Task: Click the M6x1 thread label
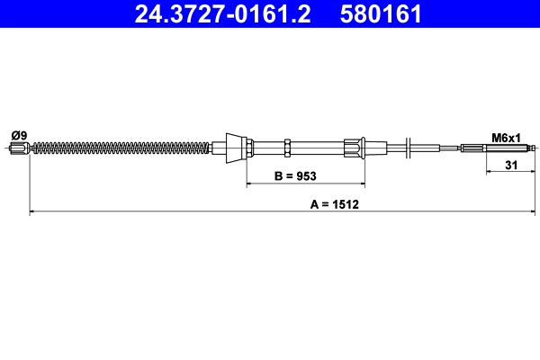click(507, 138)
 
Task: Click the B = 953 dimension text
click(294, 176)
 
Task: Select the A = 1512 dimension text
click(335, 204)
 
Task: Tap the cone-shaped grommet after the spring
click(234, 147)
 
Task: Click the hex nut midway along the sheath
click(285, 147)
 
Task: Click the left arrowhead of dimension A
click(34, 212)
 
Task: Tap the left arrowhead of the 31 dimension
click(490, 172)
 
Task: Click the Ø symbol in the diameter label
click(13, 135)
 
